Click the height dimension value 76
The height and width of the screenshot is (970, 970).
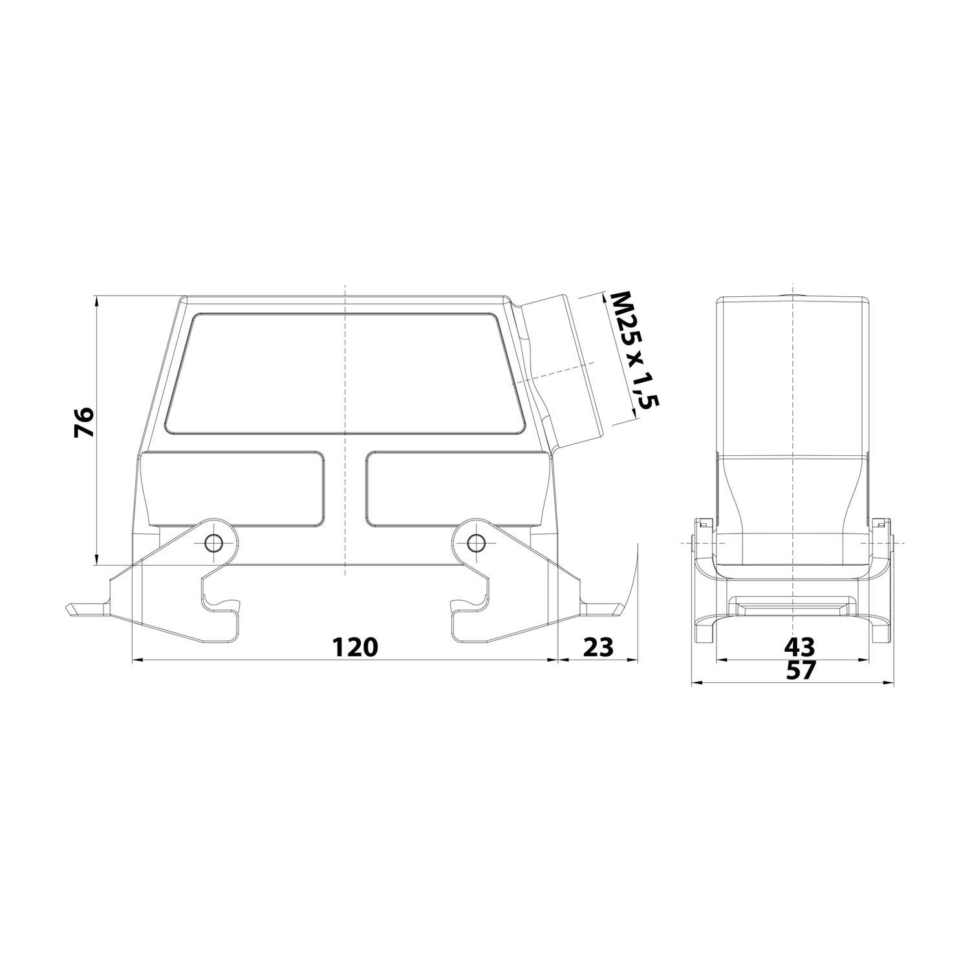84,422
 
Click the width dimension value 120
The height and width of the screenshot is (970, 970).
354,646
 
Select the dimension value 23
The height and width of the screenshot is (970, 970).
598,646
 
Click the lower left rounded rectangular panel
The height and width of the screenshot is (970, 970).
233,488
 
